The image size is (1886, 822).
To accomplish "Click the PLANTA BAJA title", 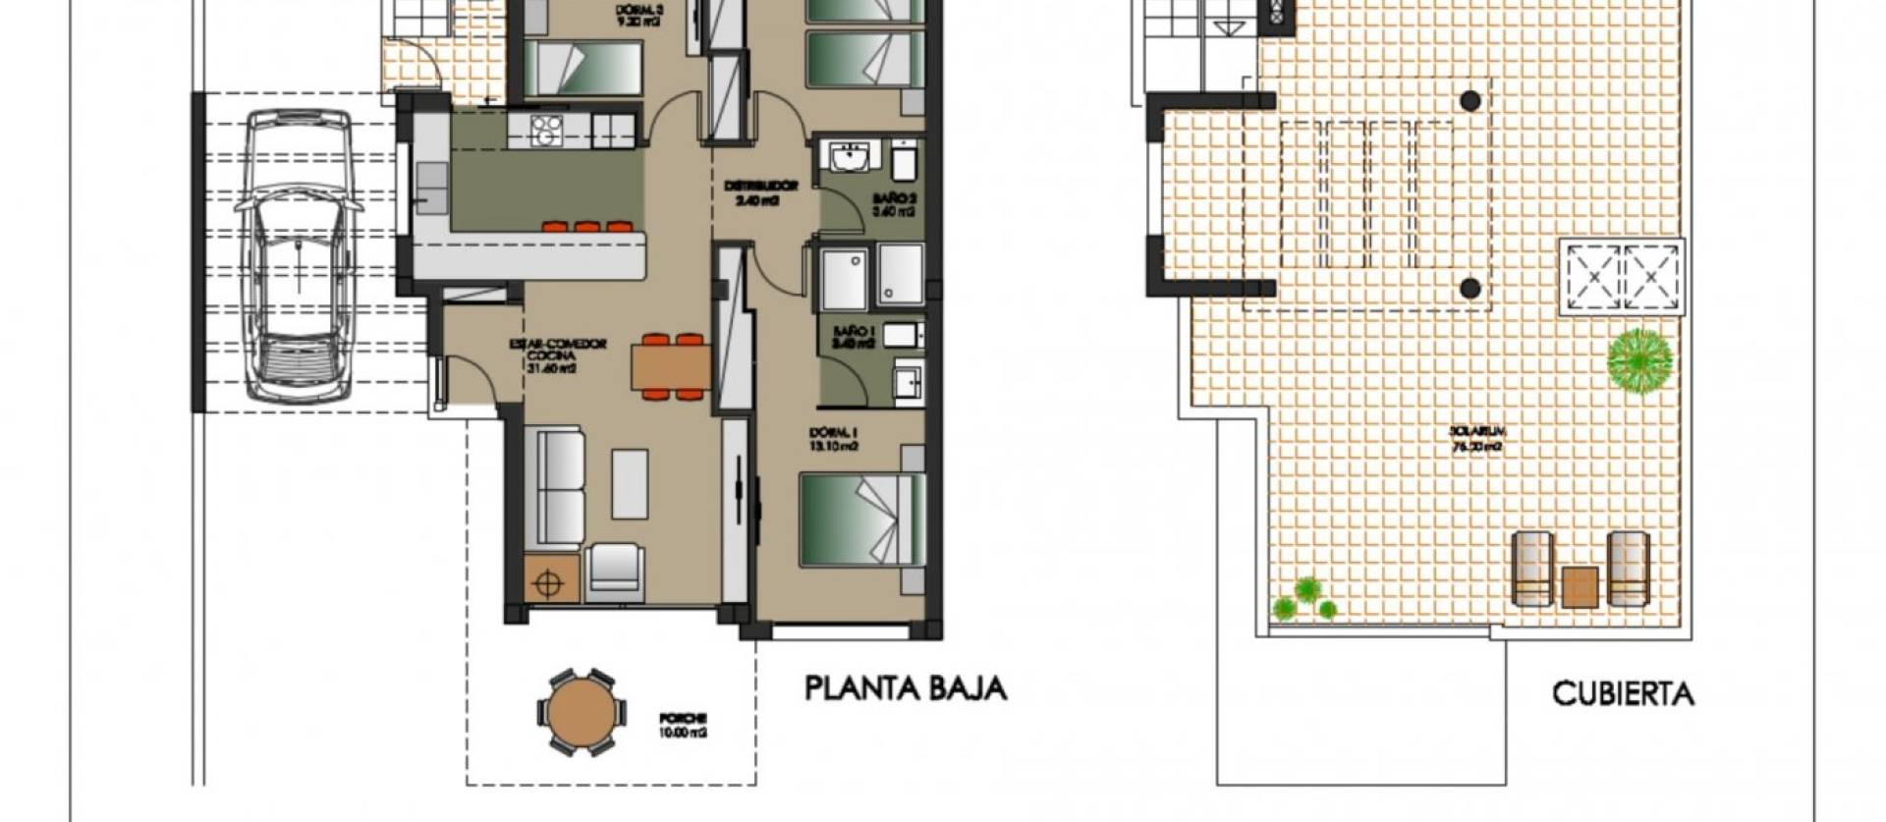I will [906, 688].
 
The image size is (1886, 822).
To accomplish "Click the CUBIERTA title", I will [1623, 694].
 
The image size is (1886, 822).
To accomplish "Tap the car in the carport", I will [298, 254].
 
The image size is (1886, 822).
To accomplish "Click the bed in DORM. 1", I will [862, 519].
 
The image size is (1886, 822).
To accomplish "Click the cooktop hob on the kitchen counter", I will [543, 131].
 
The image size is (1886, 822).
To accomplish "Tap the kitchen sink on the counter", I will [429, 188].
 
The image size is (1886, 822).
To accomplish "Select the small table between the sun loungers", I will [1580, 587].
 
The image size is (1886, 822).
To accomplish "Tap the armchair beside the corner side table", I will [614, 572].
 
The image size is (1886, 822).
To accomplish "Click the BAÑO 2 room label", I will [894, 203].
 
